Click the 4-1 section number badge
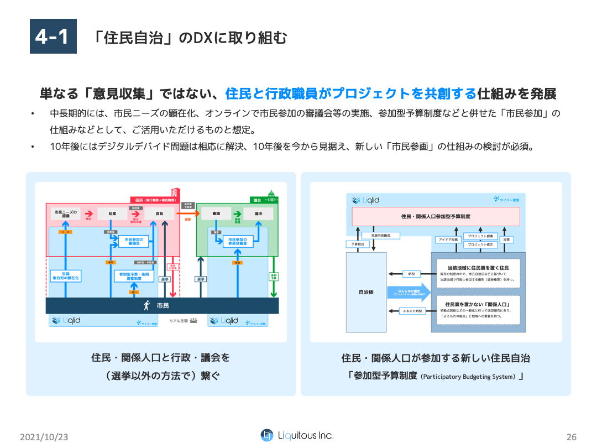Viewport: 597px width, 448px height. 53,37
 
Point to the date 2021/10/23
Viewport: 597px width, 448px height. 44,436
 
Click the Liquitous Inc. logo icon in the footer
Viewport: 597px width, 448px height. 267,435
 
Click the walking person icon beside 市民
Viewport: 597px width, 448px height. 147,305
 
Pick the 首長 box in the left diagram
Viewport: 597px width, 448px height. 159,213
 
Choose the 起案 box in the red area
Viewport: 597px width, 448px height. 112,213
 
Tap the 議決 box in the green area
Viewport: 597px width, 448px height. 258,213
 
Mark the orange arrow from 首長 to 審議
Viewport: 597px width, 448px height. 184,213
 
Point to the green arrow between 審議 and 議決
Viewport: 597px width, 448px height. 237,213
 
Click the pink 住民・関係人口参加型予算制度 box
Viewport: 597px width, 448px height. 436,216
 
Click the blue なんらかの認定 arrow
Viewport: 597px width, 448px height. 408,293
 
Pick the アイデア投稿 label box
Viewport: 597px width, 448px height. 448,240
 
